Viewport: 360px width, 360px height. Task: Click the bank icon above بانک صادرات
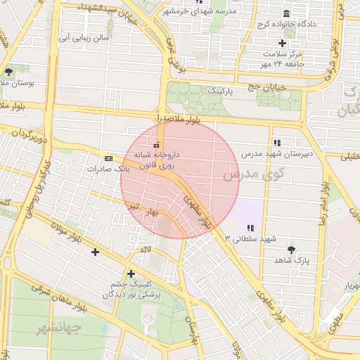[108, 158]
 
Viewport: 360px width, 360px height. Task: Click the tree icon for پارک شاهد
[291, 249]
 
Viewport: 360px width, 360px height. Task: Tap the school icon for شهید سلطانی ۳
[250, 227]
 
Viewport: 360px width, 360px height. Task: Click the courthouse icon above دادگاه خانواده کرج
[285, 14]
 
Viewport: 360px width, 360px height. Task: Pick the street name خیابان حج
[262, 86]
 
